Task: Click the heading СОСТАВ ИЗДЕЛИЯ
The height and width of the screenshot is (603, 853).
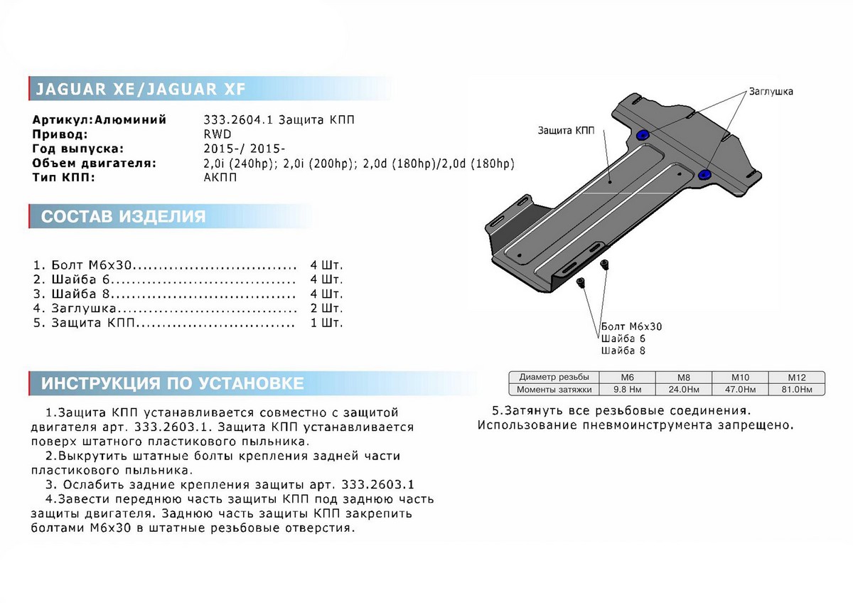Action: click(123, 216)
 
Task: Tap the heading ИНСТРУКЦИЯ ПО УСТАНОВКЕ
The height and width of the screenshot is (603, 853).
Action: click(172, 383)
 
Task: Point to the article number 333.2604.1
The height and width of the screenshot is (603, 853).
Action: click(233, 119)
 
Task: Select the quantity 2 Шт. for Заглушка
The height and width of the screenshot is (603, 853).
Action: click(326, 309)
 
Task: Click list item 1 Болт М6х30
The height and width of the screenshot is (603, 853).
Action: click(92, 265)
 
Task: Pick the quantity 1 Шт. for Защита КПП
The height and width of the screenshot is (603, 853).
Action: click(326, 323)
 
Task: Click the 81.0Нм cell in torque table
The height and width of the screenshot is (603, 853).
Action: click(795, 390)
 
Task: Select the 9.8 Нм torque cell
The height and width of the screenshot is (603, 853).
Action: click(628, 390)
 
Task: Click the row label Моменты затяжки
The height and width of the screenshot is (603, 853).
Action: click(554, 390)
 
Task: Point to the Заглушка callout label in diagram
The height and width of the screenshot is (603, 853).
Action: click(770, 92)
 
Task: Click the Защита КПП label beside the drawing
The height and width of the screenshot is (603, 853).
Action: click(567, 131)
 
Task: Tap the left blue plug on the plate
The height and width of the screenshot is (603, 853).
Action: click(643, 135)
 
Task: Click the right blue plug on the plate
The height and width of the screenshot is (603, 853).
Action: click(706, 174)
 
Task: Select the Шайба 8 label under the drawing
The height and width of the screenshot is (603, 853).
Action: click(623, 351)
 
